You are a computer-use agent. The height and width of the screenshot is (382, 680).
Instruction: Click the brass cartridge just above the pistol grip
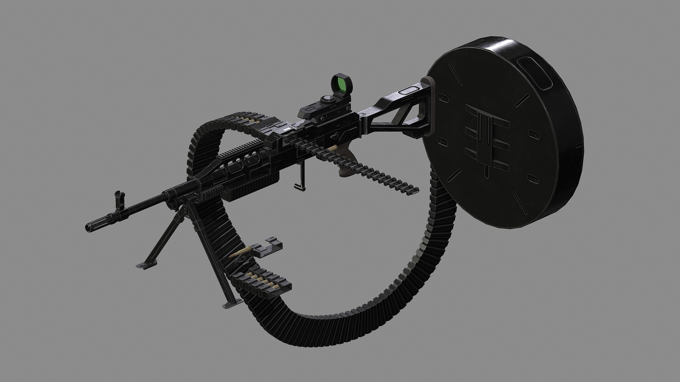332,148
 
